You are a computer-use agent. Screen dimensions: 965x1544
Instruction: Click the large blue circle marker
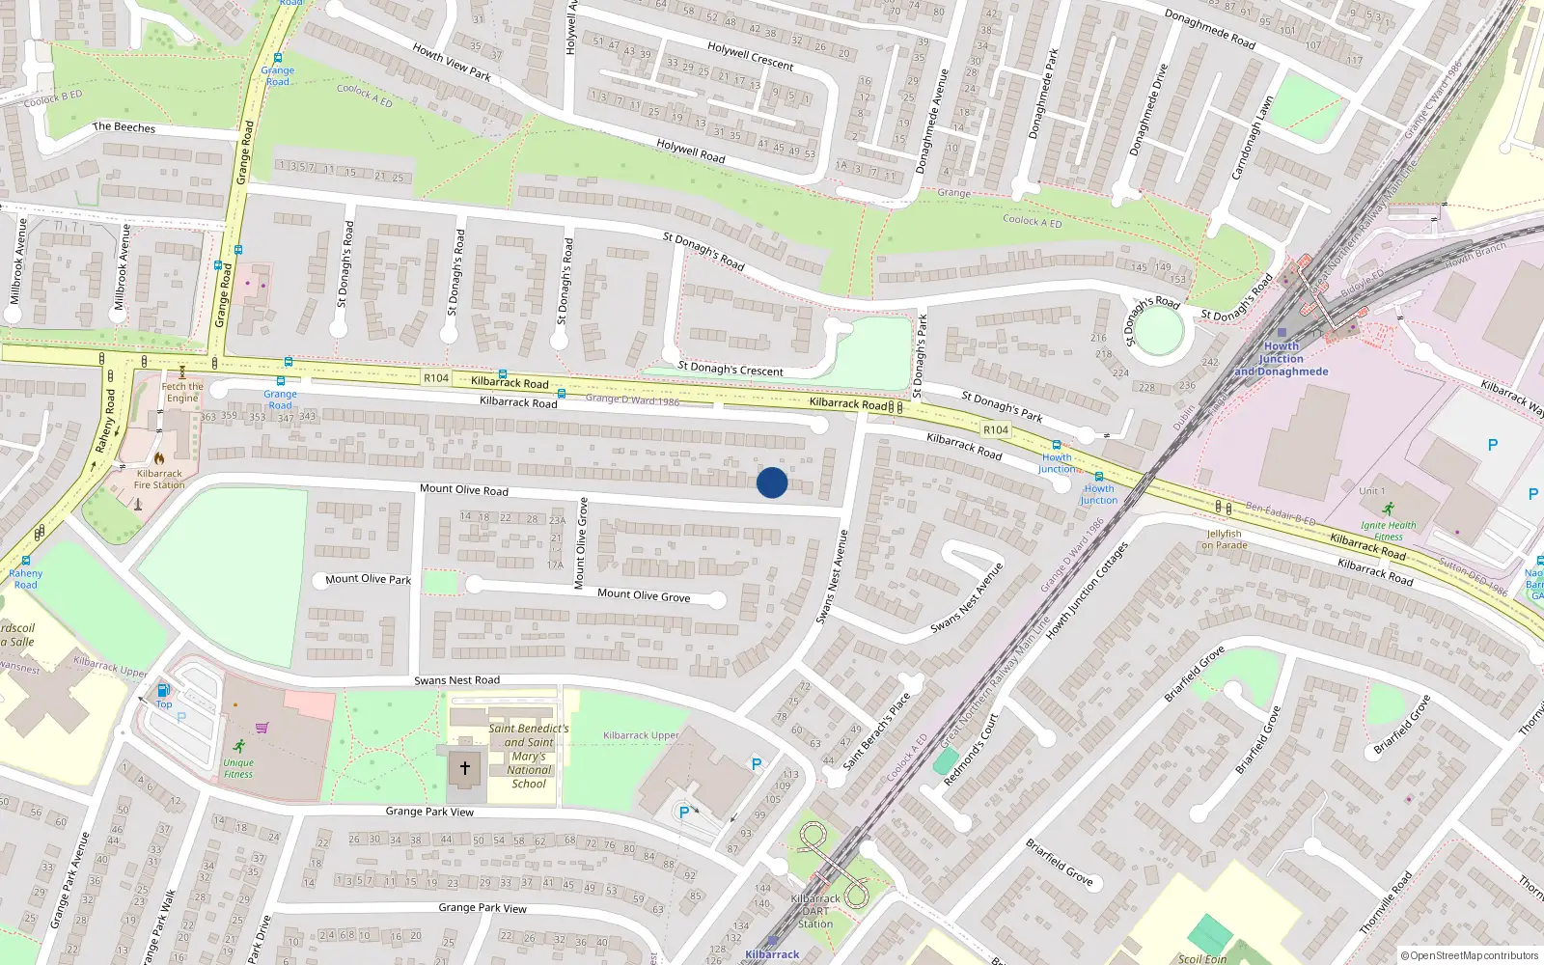coord(772,482)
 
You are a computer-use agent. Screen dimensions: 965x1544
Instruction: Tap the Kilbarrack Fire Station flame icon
coord(159,458)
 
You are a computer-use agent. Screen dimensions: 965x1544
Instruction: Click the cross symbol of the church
coord(465,768)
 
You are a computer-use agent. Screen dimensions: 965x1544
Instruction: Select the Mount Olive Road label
coord(463,489)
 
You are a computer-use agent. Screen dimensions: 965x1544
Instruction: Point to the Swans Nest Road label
coord(456,680)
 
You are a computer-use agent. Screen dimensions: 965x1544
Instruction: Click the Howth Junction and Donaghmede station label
coord(1281,359)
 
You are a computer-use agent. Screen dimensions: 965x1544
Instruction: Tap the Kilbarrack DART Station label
coord(815,911)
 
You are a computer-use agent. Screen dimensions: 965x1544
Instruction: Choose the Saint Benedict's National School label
coord(529,756)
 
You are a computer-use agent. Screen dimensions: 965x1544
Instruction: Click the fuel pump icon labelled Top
coord(163,690)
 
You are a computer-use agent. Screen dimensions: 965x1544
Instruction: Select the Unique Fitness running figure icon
coord(238,745)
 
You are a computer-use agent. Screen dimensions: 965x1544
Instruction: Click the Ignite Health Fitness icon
coord(1388,510)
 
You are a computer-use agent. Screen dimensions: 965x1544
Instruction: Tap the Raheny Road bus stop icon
coord(26,561)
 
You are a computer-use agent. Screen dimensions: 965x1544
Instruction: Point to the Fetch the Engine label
coord(182,392)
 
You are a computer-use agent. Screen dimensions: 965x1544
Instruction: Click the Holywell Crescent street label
coord(750,56)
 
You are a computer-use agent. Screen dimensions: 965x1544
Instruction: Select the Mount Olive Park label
coord(368,579)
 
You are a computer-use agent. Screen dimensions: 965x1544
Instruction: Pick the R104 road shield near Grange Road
coord(436,378)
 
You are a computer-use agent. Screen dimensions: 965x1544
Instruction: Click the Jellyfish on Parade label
coord(1224,539)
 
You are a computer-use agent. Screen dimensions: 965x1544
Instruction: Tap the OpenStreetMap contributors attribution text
coord(1469,955)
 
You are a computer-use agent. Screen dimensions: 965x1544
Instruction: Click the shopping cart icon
coord(262,728)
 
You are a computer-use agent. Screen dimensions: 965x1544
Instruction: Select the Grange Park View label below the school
coord(429,812)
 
